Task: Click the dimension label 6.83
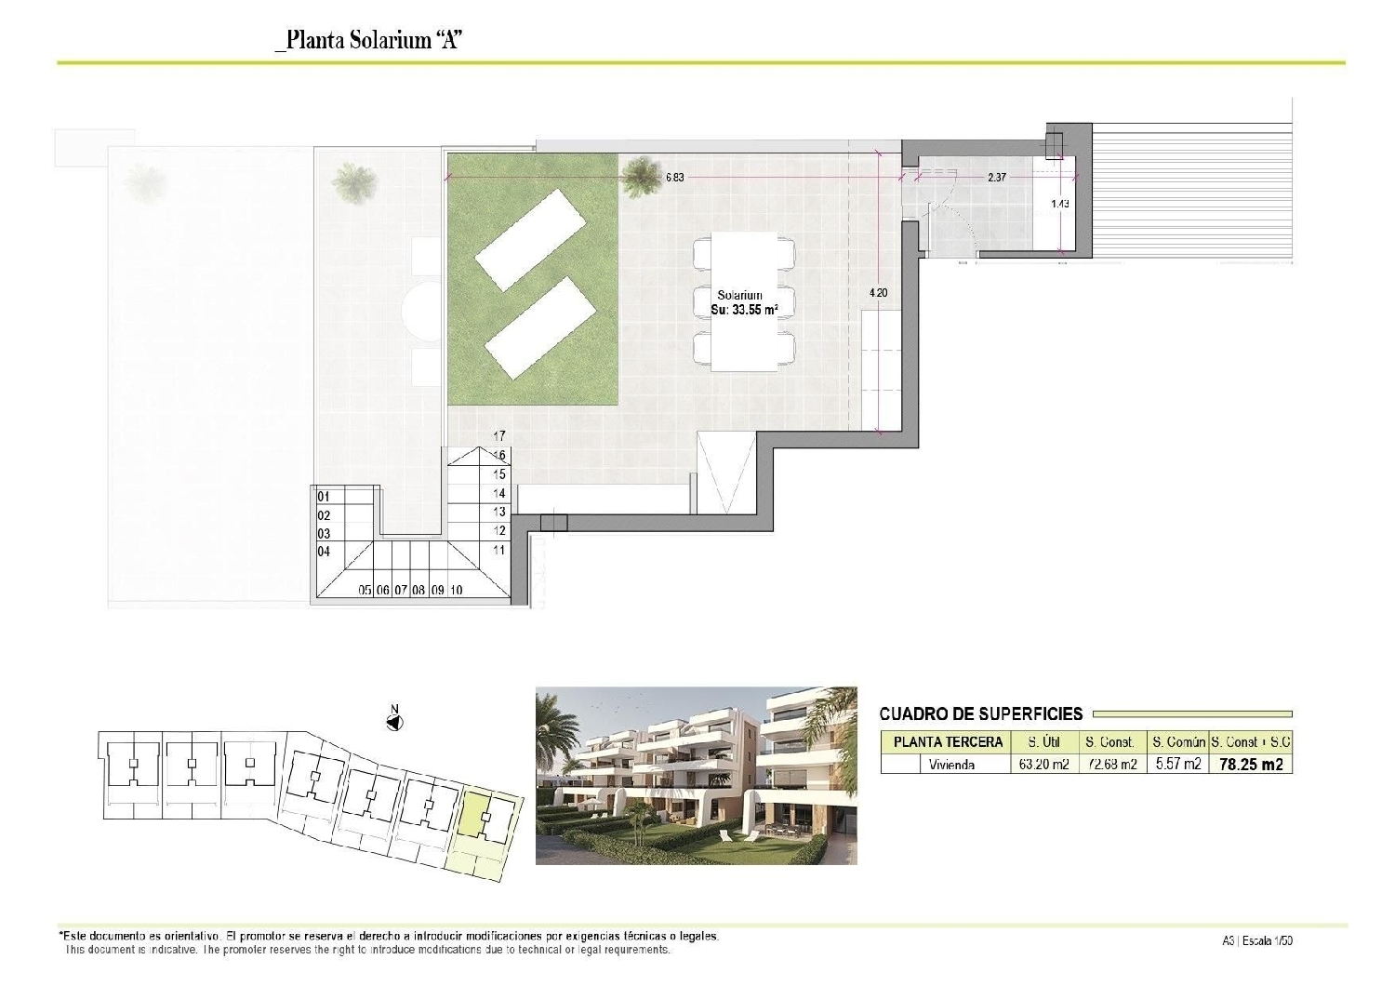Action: pos(674,177)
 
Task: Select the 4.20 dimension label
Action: pos(877,292)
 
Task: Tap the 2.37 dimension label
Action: pos(996,177)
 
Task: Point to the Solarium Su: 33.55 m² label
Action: pos(743,302)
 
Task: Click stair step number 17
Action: pos(499,435)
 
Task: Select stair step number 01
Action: pos(324,497)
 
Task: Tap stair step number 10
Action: pos(456,590)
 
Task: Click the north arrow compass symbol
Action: pos(394,722)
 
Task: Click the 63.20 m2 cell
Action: pos(1043,765)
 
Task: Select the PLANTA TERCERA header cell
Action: pos(948,742)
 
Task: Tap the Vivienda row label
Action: pos(951,765)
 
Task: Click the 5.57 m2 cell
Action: pos(1177,765)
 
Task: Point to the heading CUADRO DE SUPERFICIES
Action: pos(980,714)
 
